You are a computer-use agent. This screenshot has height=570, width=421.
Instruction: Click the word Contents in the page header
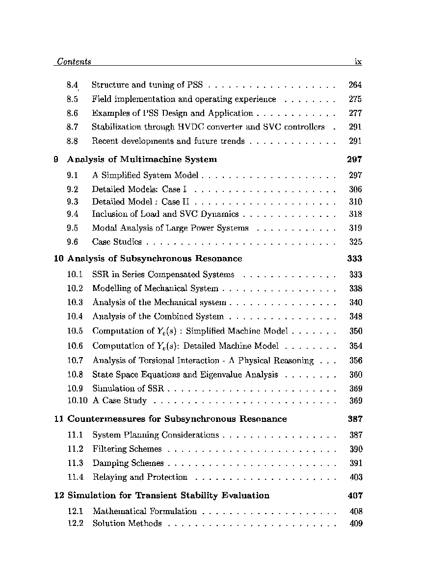74,62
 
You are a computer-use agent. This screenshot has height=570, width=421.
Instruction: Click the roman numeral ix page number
358,62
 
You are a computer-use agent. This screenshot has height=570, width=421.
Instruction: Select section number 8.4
73,85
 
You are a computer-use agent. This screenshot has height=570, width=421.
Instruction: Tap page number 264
355,85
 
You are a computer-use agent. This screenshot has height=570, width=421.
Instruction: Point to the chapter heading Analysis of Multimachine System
142,159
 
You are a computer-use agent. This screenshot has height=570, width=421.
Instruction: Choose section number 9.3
73,202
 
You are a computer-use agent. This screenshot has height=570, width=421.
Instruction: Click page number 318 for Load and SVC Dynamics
355,214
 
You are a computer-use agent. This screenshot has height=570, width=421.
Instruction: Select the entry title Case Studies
117,242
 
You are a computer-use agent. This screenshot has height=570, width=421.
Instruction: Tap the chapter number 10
58,259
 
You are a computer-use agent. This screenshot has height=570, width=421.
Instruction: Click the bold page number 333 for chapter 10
354,259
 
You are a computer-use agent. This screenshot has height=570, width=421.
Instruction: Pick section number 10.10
77,401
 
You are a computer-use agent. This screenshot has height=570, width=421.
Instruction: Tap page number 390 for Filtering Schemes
356,449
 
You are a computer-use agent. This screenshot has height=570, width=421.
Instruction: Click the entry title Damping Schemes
128,463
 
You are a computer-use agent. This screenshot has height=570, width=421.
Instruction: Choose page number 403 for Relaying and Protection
356,477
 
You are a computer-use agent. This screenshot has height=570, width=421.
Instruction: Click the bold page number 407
355,495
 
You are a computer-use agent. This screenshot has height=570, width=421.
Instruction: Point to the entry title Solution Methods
127,523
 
